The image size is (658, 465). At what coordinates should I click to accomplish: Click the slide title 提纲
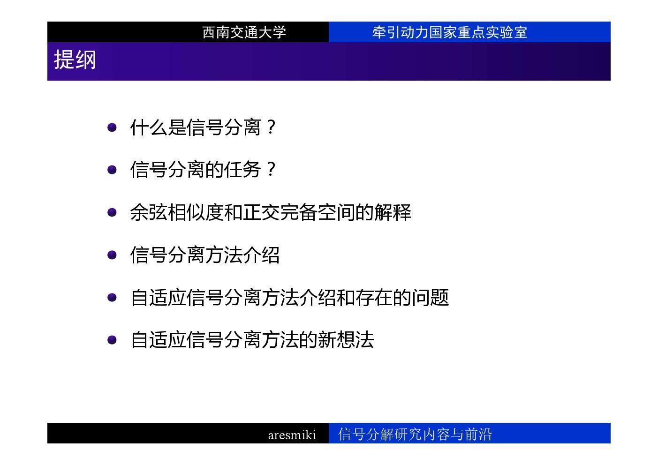coord(75,60)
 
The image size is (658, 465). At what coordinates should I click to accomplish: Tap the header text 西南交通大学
coord(244,32)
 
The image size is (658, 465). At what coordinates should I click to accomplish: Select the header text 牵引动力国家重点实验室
coord(450,32)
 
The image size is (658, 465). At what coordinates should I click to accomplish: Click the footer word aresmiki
coord(292,435)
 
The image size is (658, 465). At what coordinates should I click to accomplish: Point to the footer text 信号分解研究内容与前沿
coord(415,434)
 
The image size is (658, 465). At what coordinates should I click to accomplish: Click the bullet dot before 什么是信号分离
coord(112,127)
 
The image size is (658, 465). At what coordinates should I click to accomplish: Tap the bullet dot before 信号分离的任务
coord(112,170)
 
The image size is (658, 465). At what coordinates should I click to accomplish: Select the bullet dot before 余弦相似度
coord(112,212)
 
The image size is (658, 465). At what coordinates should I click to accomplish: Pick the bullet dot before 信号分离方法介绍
coord(112,255)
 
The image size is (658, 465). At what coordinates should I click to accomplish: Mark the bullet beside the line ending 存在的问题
coord(112,297)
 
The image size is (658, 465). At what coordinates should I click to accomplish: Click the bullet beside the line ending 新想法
coord(112,340)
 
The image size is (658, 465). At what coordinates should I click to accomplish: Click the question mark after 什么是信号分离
coord(271,127)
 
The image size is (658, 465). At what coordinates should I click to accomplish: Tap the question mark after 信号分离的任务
coord(271,169)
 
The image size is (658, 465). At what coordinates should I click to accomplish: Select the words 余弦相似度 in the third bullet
coord(177,212)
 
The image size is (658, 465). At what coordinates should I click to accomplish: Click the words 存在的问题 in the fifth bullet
coord(402,297)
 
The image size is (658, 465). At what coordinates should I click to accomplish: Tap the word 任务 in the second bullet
coord(242,170)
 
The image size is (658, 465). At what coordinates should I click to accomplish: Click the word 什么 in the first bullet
coord(149,127)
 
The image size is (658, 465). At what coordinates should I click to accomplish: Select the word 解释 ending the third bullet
coord(393,212)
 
